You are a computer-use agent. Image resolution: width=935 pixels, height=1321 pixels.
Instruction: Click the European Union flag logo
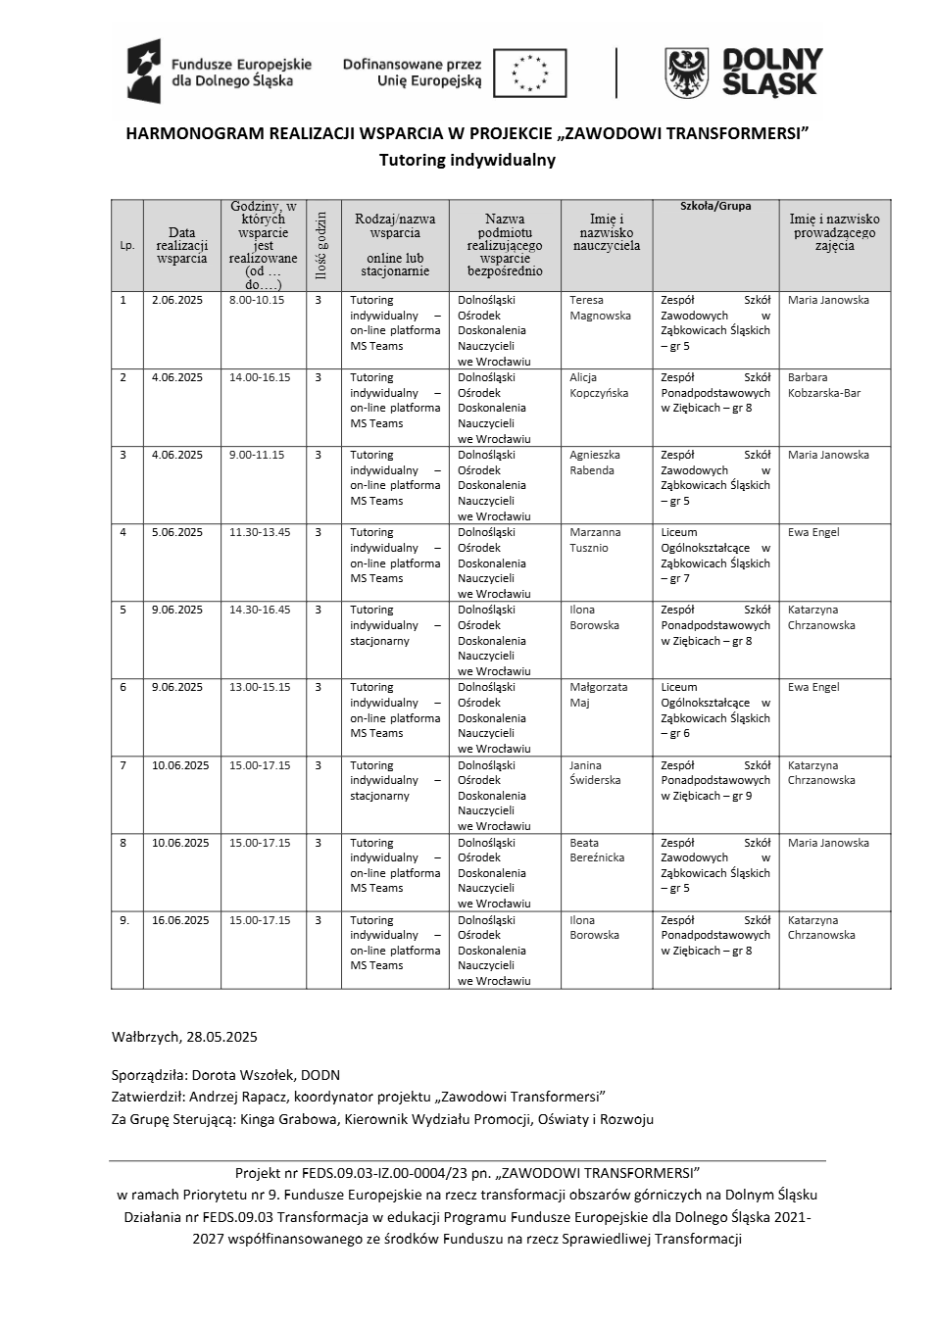click(x=529, y=73)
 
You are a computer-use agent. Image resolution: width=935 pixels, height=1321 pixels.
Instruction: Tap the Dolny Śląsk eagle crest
click(x=687, y=73)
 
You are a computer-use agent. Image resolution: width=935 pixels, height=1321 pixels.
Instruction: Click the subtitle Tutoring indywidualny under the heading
click(x=467, y=160)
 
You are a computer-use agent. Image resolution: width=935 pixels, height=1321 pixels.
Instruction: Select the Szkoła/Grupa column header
click(x=715, y=207)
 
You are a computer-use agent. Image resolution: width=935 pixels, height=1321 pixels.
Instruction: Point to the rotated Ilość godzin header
click(x=320, y=245)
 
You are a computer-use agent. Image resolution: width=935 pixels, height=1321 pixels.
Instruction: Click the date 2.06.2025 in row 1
click(x=177, y=300)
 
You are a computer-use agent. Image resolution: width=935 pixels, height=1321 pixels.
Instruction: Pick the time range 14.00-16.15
click(x=260, y=377)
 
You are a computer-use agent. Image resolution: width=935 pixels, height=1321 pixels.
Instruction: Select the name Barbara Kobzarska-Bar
click(x=823, y=385)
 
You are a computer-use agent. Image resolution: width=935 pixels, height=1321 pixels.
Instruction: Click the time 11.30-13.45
click(x=260, y=532)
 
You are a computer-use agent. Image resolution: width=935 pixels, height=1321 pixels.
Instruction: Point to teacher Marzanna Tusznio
click(x=595, y=540)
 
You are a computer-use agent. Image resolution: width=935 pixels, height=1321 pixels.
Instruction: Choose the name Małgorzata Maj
click(x=598, y=695)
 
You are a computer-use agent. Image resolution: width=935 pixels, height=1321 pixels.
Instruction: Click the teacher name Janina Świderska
click(x=595, y=772)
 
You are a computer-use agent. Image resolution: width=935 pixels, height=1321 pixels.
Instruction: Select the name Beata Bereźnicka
click(x=597, y=850)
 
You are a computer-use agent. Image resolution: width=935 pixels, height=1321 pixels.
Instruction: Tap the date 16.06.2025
click(x=180, y=920)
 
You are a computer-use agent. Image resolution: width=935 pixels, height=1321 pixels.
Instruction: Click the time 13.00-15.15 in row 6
click(x=260, y=687)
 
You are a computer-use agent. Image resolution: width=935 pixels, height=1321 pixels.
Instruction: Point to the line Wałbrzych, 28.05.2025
click(x=184, y=1036)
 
